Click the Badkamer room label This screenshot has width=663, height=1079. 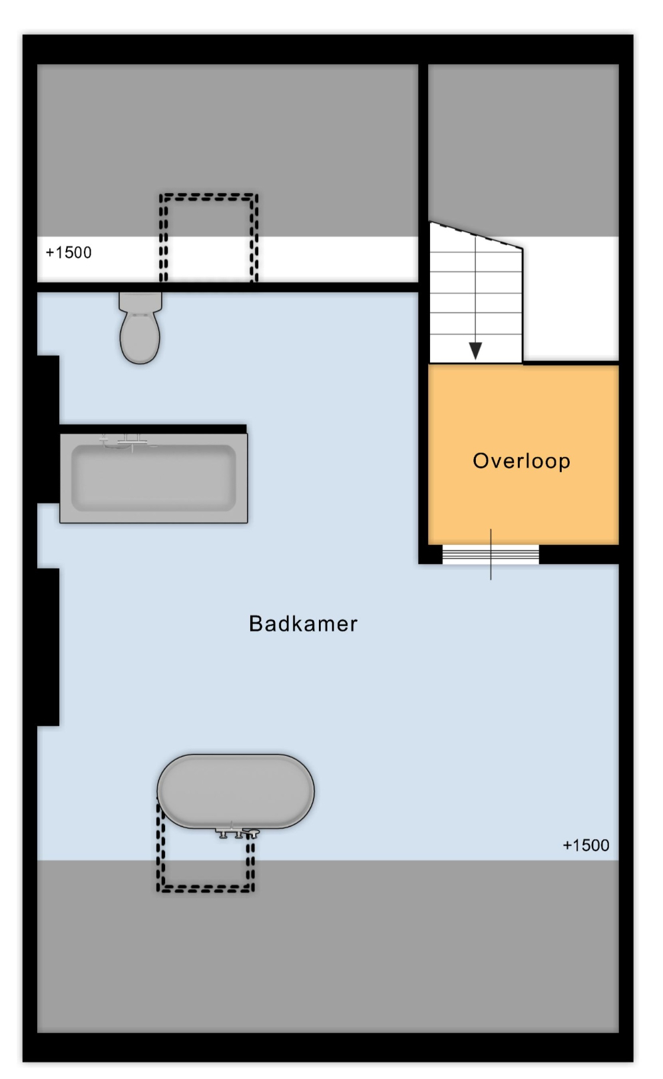303,624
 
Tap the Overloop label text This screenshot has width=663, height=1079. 521,461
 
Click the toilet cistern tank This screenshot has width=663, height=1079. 140,302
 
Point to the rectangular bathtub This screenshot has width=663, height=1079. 154,478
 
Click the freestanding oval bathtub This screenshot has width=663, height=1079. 236,791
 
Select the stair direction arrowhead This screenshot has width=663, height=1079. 475,350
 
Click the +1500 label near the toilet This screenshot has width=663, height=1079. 69,252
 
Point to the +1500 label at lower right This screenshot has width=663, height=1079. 586,845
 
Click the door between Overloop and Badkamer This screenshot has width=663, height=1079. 491,554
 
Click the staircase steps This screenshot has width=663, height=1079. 476,298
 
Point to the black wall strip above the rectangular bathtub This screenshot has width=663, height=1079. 153,429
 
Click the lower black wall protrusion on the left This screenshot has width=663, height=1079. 48,647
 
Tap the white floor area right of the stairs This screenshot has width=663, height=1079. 570,298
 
